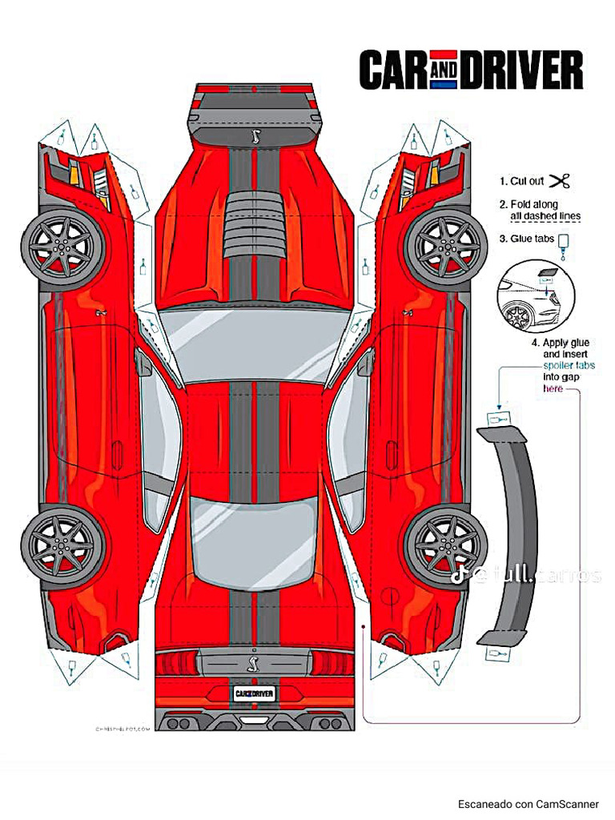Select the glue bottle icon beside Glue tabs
[x=564, y=242]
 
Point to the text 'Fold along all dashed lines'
[x=545, y=211]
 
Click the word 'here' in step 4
[x=553, y=388]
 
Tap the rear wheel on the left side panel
[x=62, y=545]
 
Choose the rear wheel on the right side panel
[x=445, y=545]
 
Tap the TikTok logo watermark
[x=480, y=575]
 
